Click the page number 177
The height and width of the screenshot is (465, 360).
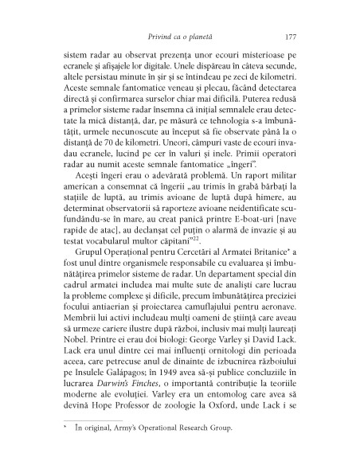291,37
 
